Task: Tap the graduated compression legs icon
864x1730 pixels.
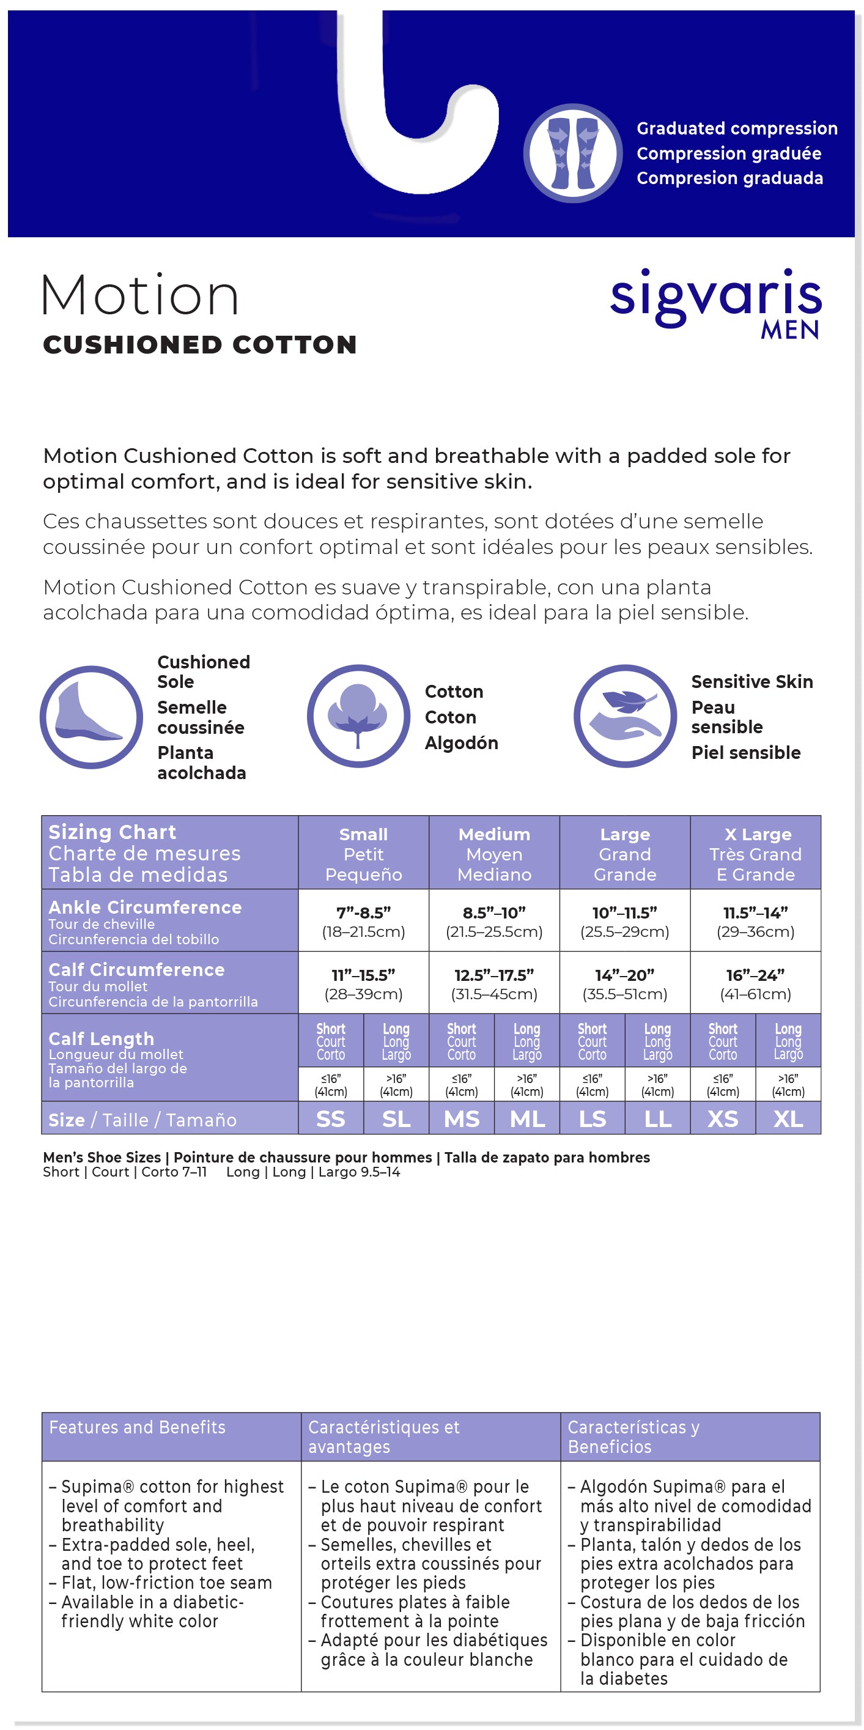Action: coord(573,153)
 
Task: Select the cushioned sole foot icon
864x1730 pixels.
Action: coord(91,717)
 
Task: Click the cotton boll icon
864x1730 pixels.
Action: coord(358,716)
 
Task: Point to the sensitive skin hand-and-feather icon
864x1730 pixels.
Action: coord(625,716)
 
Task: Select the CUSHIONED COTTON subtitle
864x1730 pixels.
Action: coord(199,344)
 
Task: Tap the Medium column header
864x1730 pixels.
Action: coord(494,853)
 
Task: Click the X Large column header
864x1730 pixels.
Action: coord(755,853)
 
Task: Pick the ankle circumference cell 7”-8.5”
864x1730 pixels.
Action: coord(363,921)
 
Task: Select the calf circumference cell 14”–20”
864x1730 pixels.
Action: coord(624,983)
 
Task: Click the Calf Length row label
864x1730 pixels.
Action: coord(102,1038)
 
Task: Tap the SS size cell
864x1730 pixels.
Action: coord(330,1119)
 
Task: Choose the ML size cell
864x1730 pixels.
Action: coord(527,1119)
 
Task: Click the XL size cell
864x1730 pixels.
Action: coord(788,1119)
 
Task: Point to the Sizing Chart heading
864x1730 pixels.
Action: coord(112,832)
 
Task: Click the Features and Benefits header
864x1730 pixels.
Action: coord(137,1427)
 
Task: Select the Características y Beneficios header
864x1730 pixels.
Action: coord(633,1436)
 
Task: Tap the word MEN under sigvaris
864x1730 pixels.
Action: coord(789,330)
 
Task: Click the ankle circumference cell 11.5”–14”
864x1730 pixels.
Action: coord(755,921)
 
